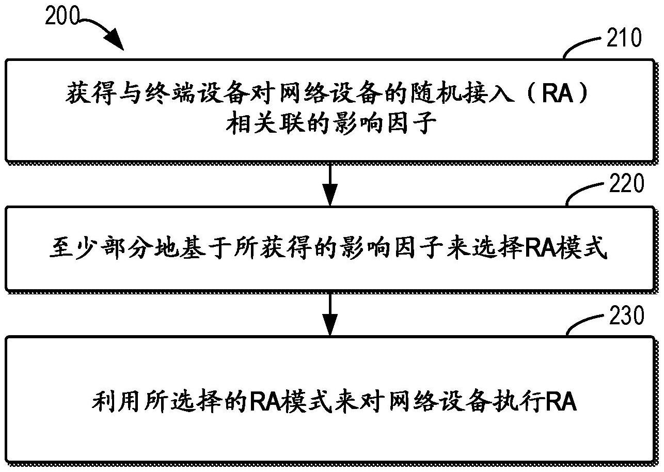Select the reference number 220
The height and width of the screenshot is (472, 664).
pyautogui.click(x=626, y=184)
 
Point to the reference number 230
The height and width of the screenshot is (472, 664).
pyautogui.click(x=626, y=316)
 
